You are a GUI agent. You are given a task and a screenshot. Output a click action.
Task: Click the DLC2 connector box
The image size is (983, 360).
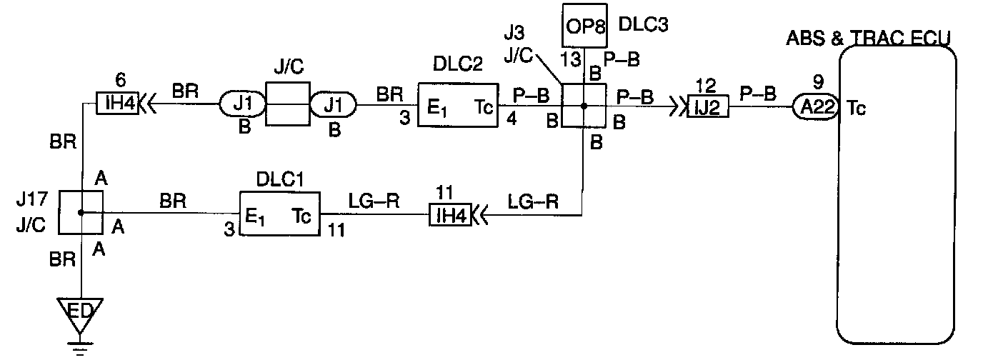click(x=457, y=106)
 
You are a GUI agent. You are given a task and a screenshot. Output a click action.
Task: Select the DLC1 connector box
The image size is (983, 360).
click(x=279, y=212)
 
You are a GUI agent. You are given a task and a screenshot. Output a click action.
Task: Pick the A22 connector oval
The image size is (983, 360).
click(x=816, y=107)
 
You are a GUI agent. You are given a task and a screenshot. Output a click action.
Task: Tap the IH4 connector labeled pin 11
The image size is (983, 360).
click(x=450, y=214)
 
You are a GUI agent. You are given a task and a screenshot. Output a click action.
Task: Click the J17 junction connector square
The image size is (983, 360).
click(x=80, y=212)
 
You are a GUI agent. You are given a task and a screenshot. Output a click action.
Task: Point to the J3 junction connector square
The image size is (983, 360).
click(x=584, y=106)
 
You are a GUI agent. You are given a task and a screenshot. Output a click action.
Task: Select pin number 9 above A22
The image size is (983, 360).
click(x=818, y=81)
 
